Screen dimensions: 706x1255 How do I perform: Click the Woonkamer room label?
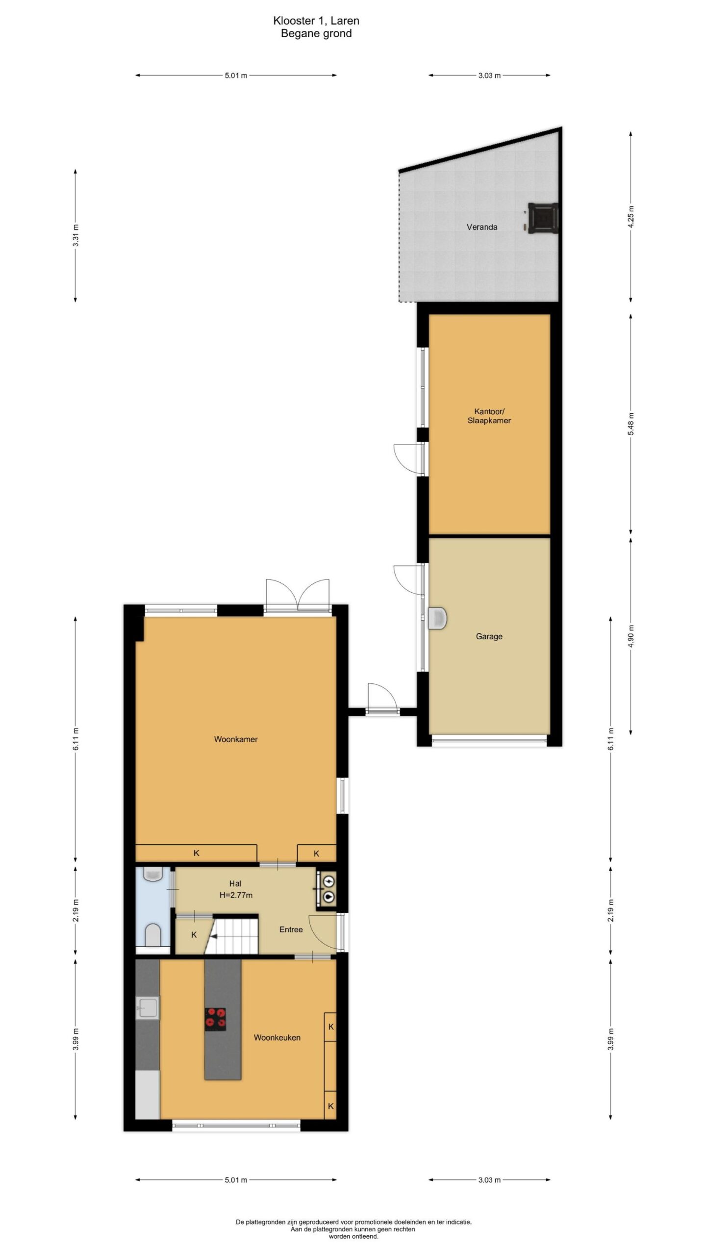236,739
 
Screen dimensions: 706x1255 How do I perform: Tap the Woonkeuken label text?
277,1037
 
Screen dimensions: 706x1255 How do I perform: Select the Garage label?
489,636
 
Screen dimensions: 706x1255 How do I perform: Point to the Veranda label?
482,227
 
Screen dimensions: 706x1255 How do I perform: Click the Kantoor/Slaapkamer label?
489,416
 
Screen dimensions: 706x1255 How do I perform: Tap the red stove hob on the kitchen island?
215,1017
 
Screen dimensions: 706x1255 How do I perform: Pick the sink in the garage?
437,618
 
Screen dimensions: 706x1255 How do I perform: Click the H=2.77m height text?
236,895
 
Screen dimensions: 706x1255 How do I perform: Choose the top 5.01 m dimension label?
236,75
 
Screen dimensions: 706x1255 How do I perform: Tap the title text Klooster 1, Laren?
316,21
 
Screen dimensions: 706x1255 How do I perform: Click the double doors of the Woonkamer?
297,596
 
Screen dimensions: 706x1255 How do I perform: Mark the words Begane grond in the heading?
316,34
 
